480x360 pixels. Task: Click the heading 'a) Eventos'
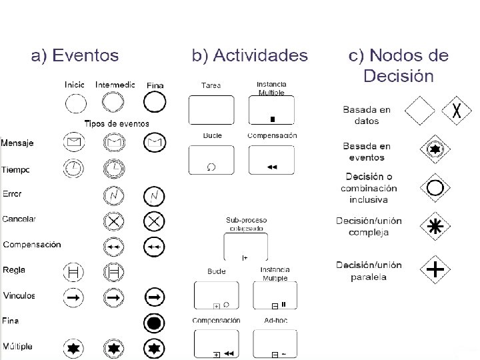click(75, 55)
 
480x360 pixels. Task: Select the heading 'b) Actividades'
click(250, 55)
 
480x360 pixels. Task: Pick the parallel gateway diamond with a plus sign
click(435, 269)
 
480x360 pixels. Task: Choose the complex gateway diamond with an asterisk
click(435, 227)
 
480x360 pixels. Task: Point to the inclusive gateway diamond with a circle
click(435, 188)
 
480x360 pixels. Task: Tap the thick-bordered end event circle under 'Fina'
click(154, 103)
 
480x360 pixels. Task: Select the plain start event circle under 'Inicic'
click(75, 103)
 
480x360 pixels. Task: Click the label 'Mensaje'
click(17, 143)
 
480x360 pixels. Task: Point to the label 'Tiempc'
click(16, 170)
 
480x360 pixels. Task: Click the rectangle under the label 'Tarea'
click(211, 109)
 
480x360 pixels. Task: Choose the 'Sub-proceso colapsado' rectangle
click(245, 247)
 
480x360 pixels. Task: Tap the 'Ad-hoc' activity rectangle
click(275, 343)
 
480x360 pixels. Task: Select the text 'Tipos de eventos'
click(116, 124)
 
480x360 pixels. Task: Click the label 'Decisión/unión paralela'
click(369, 271)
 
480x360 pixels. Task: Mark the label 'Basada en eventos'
click(366, 152)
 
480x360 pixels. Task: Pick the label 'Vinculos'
click(19, 295)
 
